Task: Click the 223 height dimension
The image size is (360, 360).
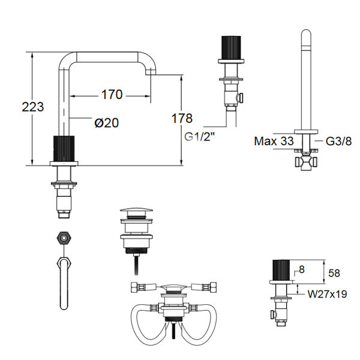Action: (x=32, y=107)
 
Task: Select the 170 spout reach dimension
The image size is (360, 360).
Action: (x=112, y=95)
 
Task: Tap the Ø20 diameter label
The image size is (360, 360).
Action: (x=106, y=123)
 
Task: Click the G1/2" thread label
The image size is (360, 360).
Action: (x=200, y=136)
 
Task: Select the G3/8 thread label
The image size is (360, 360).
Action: (x=337, y=142)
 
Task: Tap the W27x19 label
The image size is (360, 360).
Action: (x=328, y=295)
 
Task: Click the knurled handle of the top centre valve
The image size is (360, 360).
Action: (x=231, y=50)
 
